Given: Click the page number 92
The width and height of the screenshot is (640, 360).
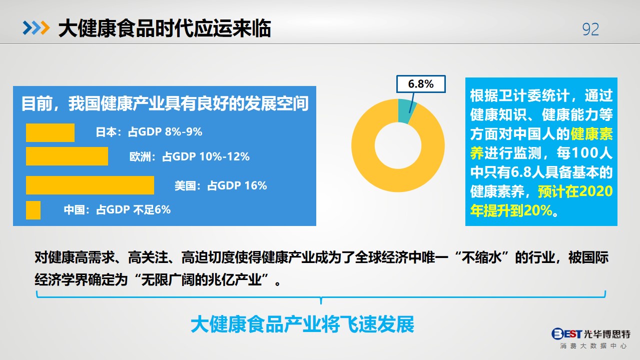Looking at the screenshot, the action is (x=590, y=29).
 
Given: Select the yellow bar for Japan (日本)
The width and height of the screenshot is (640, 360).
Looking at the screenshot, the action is (x=50, y=133).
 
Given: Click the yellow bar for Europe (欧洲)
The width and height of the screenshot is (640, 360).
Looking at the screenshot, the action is (x=67, y=156).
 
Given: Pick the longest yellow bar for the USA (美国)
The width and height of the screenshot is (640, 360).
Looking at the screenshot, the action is (x=90, y=185).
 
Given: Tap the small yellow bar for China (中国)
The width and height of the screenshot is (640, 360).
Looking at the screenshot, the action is (x=33, y=210).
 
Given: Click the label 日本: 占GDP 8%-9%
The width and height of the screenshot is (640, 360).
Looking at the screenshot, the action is (x=149, y=132).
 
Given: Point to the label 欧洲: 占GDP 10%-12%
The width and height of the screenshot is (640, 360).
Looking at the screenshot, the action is (x=190, y=156).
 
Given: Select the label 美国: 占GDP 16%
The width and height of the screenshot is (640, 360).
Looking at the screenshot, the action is (x=221, y=185).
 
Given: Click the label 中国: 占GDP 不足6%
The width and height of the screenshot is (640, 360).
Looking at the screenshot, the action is (x=117, y=210).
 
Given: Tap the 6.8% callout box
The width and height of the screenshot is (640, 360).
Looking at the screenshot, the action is (x=421, y=84).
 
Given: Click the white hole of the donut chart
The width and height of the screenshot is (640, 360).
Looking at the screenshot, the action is (x=398, y=145).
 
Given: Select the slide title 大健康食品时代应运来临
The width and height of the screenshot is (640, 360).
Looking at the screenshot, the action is (x=165, y=28).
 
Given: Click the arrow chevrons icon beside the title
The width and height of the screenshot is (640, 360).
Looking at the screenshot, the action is (x=37, y=28).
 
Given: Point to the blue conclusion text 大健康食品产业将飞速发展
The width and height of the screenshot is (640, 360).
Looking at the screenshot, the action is (x=302, y=324).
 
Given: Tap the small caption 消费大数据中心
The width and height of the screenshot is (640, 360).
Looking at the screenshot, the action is (x=593, y=346).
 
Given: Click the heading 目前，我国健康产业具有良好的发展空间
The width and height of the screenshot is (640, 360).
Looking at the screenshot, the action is (x=165, y=103).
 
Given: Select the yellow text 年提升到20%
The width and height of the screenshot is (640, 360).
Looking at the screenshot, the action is (x=511, y=210).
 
